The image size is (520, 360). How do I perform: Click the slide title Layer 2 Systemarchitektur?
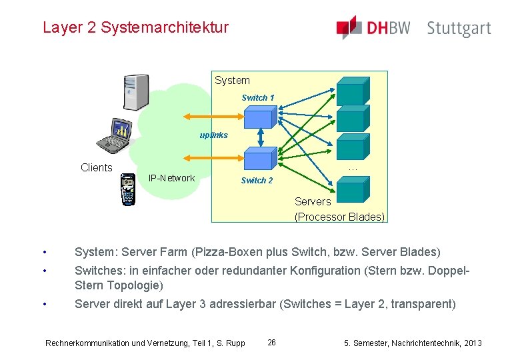pyautogui.click(x=135, y=28)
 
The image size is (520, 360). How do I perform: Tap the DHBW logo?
pyautogui.click(x=373, y=28)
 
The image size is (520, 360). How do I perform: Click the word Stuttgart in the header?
pyautogui.click(x=459, y=29)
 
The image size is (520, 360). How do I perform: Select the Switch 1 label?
pyautogui.click(x=257, y=98)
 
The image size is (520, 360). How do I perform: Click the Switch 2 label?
pyautogui.click(x=257, y=181)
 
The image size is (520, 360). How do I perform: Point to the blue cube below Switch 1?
pyautogui.click(x=258, y=118)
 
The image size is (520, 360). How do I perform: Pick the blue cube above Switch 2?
pyautogui.click(x=259, y=159)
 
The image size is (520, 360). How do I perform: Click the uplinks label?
pyautogui.click(x=213, y=135)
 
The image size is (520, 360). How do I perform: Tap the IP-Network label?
pyautogui.click(x=171, y=178)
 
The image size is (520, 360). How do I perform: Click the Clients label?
pyautogui.click(x=96, y=167)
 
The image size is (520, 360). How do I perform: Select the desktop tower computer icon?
pyautogui.click(x=135, y=92)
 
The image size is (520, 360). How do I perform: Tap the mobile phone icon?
pyautogui.click(x=127, y=190)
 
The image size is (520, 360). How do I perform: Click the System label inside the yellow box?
pyautogui.click(x=232, y=81)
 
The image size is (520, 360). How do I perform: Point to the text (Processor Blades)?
pyautogui.click(x=339, y=217)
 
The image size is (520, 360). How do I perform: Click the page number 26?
pyautogui.click(x=271, y=343)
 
